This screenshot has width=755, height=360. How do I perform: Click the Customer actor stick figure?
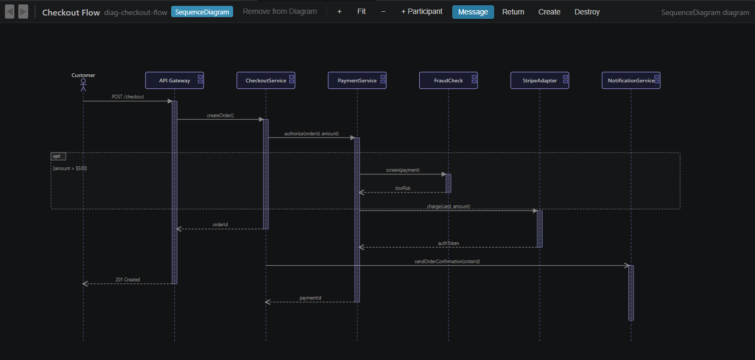click(x=83, y=85)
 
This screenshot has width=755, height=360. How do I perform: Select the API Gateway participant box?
click(x=174, y=80)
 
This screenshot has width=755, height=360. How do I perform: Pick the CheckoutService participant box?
click(x=266, y=80)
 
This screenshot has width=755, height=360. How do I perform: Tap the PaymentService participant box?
click(x=357, y=80)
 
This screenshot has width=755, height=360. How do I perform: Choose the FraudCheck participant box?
click(x=448, y=80)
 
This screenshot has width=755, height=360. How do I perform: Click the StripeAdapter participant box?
click(x=540, y=80)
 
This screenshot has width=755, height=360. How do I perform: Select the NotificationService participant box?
click(x=630, y=80)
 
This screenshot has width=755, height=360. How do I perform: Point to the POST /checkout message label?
click(x=128, y=97)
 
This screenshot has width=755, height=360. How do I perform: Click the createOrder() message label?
click(x=220, y=115)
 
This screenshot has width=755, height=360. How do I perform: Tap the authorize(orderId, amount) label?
click(x=311, y=133)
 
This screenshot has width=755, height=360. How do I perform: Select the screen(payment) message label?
click(x=403, y=170)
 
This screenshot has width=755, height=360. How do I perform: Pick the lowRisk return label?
click(x=403, y=188)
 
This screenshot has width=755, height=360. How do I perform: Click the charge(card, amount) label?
click(x=448, y=206)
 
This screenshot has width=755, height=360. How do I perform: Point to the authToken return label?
click(x=448, y=243)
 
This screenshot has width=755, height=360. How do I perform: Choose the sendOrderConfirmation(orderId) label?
click(x=447, y=262)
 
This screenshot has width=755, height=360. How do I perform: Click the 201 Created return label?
click(x=128, y=280)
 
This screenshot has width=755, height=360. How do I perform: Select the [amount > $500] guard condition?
click(x=70, y=168)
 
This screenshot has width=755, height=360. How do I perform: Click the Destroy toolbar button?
click(x=587, y=12)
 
